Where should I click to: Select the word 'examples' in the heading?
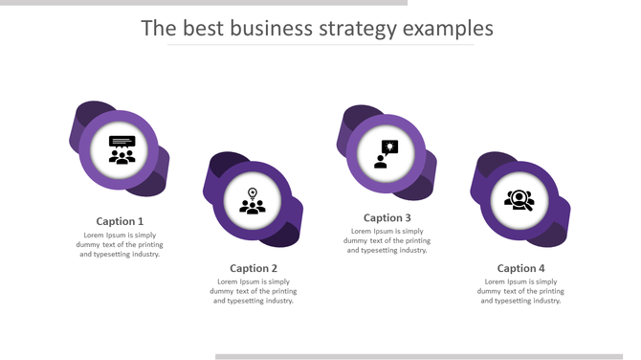click(448, 29)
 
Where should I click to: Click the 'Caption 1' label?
click(120, 221)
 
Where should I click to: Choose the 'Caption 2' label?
click(254, 268)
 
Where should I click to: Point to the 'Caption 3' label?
click(387, 217)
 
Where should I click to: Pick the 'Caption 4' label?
click(520, 268)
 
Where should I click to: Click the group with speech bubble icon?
click(122, 150)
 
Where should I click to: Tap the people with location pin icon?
click(253, 201)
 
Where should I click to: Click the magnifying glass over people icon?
click(519, 200)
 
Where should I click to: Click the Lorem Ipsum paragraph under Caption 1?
click(120, 244)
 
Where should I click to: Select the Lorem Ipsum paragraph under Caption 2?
click(254, 291)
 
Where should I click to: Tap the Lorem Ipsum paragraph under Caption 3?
click(387, 240)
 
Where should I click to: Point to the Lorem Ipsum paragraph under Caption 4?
click(520, 291)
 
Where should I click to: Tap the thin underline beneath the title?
click(320, 45)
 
